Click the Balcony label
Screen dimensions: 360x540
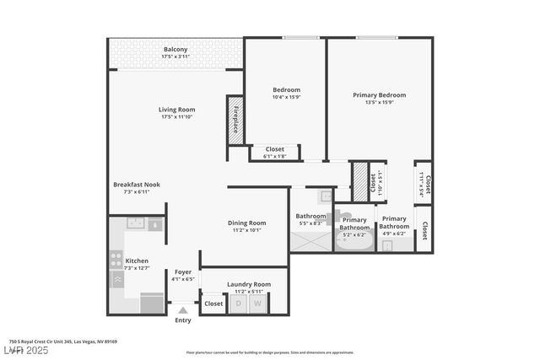pyautogui.click(x=175, y=50)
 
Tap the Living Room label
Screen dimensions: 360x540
pyautogui.click(x=176, y=110)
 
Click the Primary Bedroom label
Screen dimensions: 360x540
pyautogui.click(x=379, y=95)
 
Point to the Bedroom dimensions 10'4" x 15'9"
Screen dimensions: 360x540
pyautogui.click(x=286, y=98)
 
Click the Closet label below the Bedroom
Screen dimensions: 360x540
pyautogui.click(x=274, y=148)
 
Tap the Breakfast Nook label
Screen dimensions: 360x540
pyautogui.click(x=137, y=185)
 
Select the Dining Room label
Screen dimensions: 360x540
pyautogui.click(x=246, y=223)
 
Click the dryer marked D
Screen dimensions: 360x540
pyautogui.click(x=239, y=304)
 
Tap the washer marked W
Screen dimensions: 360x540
pyautogui.click(x=258, y=304)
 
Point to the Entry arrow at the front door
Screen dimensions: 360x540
pyautogui.click(x=183, y=311)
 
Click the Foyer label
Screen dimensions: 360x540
pyautogui.click(x=183, y=271)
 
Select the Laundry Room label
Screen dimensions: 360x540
pyautogui.click(x=249, y=284)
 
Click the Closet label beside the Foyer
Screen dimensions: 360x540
pyautogui.click(x=213, y=304)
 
